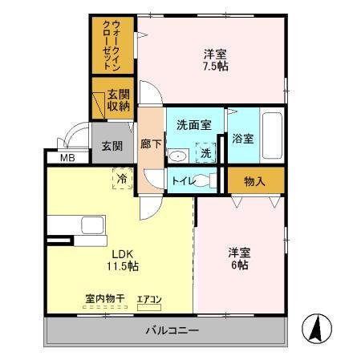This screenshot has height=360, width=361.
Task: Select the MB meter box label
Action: [67, 159]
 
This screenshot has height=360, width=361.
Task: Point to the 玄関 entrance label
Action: [112, 146]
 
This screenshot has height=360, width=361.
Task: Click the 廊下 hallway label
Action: [150, 145]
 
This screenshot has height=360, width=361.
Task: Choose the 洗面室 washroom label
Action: [193, 125]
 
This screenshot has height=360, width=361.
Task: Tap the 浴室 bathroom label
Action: [242, 139]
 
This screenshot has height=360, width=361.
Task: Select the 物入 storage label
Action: [254, 182]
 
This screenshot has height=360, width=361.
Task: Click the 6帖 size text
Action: [237, 265]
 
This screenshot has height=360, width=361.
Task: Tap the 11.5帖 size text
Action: [122, 265]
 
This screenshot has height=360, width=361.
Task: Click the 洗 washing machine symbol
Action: [206, 153]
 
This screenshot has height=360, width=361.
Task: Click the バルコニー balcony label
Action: [172, 330]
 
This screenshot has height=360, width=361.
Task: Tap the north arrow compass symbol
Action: [315, 328]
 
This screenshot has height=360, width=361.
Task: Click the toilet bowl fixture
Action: [210, 181]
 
